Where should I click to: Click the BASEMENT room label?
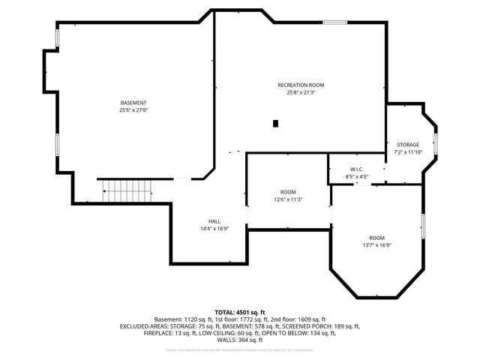pos(133,103)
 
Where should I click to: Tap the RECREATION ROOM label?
pos(301,85)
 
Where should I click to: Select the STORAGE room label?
pos(408,145)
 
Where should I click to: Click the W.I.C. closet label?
pos(356,169)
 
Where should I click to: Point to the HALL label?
pos(214,221)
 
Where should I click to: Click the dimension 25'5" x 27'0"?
pos(133,110)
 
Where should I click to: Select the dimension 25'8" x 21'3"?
pos(301,93)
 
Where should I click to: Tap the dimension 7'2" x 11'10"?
pos(408,152)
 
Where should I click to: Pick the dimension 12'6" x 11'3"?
pos(288,199)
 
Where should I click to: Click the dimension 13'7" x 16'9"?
pos(376,244)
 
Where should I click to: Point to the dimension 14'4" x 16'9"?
pos(214,229)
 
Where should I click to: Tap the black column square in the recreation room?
pos(276,123)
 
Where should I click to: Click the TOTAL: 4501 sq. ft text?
pos(240,312)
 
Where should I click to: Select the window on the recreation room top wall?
pos(334,22)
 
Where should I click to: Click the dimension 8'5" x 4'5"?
pos(356,177)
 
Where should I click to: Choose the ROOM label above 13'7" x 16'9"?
pos(376,237)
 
